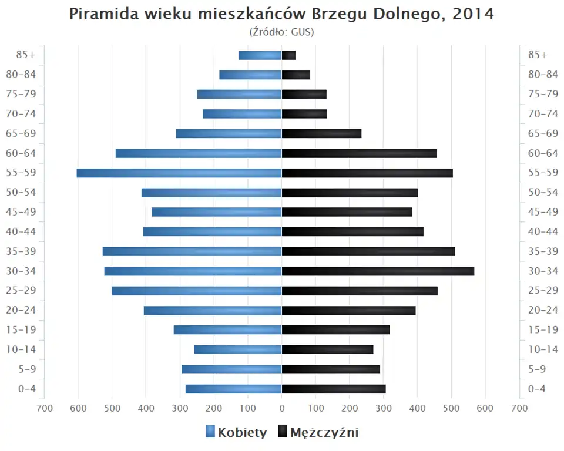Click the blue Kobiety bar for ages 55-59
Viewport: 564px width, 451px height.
[x=179, y=173]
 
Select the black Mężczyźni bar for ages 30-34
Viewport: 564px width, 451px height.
[x=378, y=271]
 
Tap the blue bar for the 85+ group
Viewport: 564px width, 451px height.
[x=260, y=55]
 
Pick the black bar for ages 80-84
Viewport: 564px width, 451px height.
[x=296, y=75]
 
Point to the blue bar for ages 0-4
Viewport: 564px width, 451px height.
[x=234, y=389]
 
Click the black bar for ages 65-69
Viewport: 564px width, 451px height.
[x=321, y=133]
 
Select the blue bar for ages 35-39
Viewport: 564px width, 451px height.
[x=192, y=251]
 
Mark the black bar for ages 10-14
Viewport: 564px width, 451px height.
[x=327, y=349]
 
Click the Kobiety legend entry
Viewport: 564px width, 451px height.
[x=236, y=433]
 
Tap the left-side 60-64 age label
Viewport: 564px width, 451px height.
[x=21, y=153]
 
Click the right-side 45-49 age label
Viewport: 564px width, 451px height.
[x=543, y=212]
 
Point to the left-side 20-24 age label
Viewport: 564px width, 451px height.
[x=21, y=310]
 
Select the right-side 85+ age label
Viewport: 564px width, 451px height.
[x=538, y=55]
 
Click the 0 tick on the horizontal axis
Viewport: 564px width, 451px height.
[x=282, y=408]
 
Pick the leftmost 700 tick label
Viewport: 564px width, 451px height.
[x=44, y=408]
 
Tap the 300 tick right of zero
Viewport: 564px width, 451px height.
[x=384, y=408]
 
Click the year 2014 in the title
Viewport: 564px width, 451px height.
[x=474, y=14]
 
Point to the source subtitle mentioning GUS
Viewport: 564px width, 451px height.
[x=282, y=32]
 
